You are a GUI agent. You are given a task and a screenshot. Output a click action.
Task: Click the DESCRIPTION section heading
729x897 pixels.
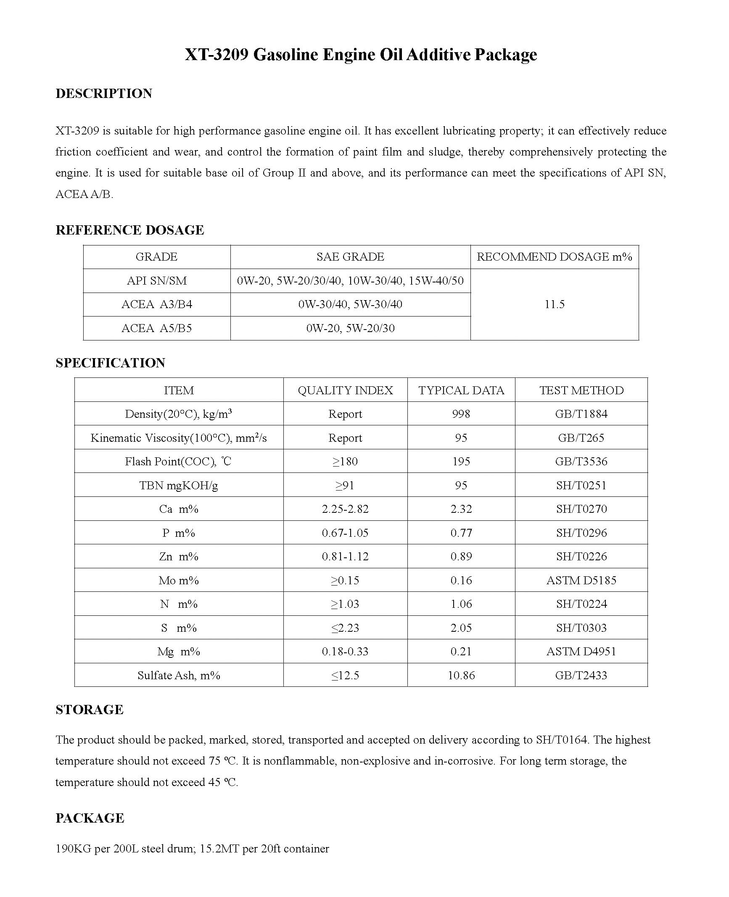coord(104,93)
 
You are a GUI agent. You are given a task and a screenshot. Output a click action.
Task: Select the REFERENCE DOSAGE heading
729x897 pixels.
coord(129,230)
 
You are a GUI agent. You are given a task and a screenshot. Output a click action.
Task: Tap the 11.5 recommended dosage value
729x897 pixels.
coord(554,304)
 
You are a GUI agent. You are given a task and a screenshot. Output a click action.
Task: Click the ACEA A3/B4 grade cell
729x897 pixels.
coord(156,304)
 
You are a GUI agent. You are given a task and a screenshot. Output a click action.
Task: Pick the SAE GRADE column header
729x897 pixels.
coord(350,257)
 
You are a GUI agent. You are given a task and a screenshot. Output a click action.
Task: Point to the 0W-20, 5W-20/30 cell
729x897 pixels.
coord(350,328)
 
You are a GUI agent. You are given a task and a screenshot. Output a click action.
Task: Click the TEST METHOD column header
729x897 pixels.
coord(581,390)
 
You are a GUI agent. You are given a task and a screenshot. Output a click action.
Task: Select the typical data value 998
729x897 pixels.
coord(461,414)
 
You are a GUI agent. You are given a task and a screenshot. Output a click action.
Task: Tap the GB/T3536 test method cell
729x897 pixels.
coord(581,462)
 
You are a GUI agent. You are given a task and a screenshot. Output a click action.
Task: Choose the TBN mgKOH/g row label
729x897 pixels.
coord(179,485)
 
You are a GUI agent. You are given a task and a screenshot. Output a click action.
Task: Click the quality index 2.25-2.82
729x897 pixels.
coord(345,509)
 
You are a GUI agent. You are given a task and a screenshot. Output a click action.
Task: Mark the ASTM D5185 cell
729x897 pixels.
coord(581,580)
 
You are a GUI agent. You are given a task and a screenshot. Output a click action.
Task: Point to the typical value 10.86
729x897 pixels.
coord(461,675)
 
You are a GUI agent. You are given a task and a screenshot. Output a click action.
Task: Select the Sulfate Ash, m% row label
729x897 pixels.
coord(179,675)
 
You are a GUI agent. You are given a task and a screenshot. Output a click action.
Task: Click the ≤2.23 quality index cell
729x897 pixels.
coord(345,628)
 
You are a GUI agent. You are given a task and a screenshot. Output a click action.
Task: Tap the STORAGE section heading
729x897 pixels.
coord(90,710)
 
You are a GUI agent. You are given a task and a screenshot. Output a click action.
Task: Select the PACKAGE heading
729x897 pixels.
coord(90,818)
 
